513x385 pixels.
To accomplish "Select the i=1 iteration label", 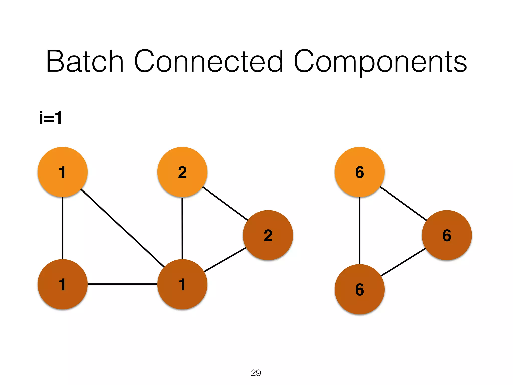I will point(51,118).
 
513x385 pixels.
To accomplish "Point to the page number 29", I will point(256,373).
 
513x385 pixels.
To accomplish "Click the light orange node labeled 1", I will point(63,172).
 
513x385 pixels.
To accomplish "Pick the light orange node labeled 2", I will point(182,172).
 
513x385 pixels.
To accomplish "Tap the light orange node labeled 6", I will point(359,172).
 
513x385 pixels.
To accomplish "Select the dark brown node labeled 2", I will point(268,235).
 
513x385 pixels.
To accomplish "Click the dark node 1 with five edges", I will point(182,284).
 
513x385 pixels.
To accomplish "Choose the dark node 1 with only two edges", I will point(63,284).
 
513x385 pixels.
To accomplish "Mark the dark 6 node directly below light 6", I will point(359,289).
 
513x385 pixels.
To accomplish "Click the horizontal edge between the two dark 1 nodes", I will point(122,284).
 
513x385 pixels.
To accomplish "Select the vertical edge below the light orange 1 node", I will point(63,228).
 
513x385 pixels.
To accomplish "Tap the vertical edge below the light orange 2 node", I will point(182,228).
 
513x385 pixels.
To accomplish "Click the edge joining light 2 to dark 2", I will point(225,204).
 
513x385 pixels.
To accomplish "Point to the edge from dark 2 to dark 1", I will point(225,260).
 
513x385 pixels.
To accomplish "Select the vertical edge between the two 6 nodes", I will point(359,231).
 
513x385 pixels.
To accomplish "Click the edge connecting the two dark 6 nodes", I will point(403,262).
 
